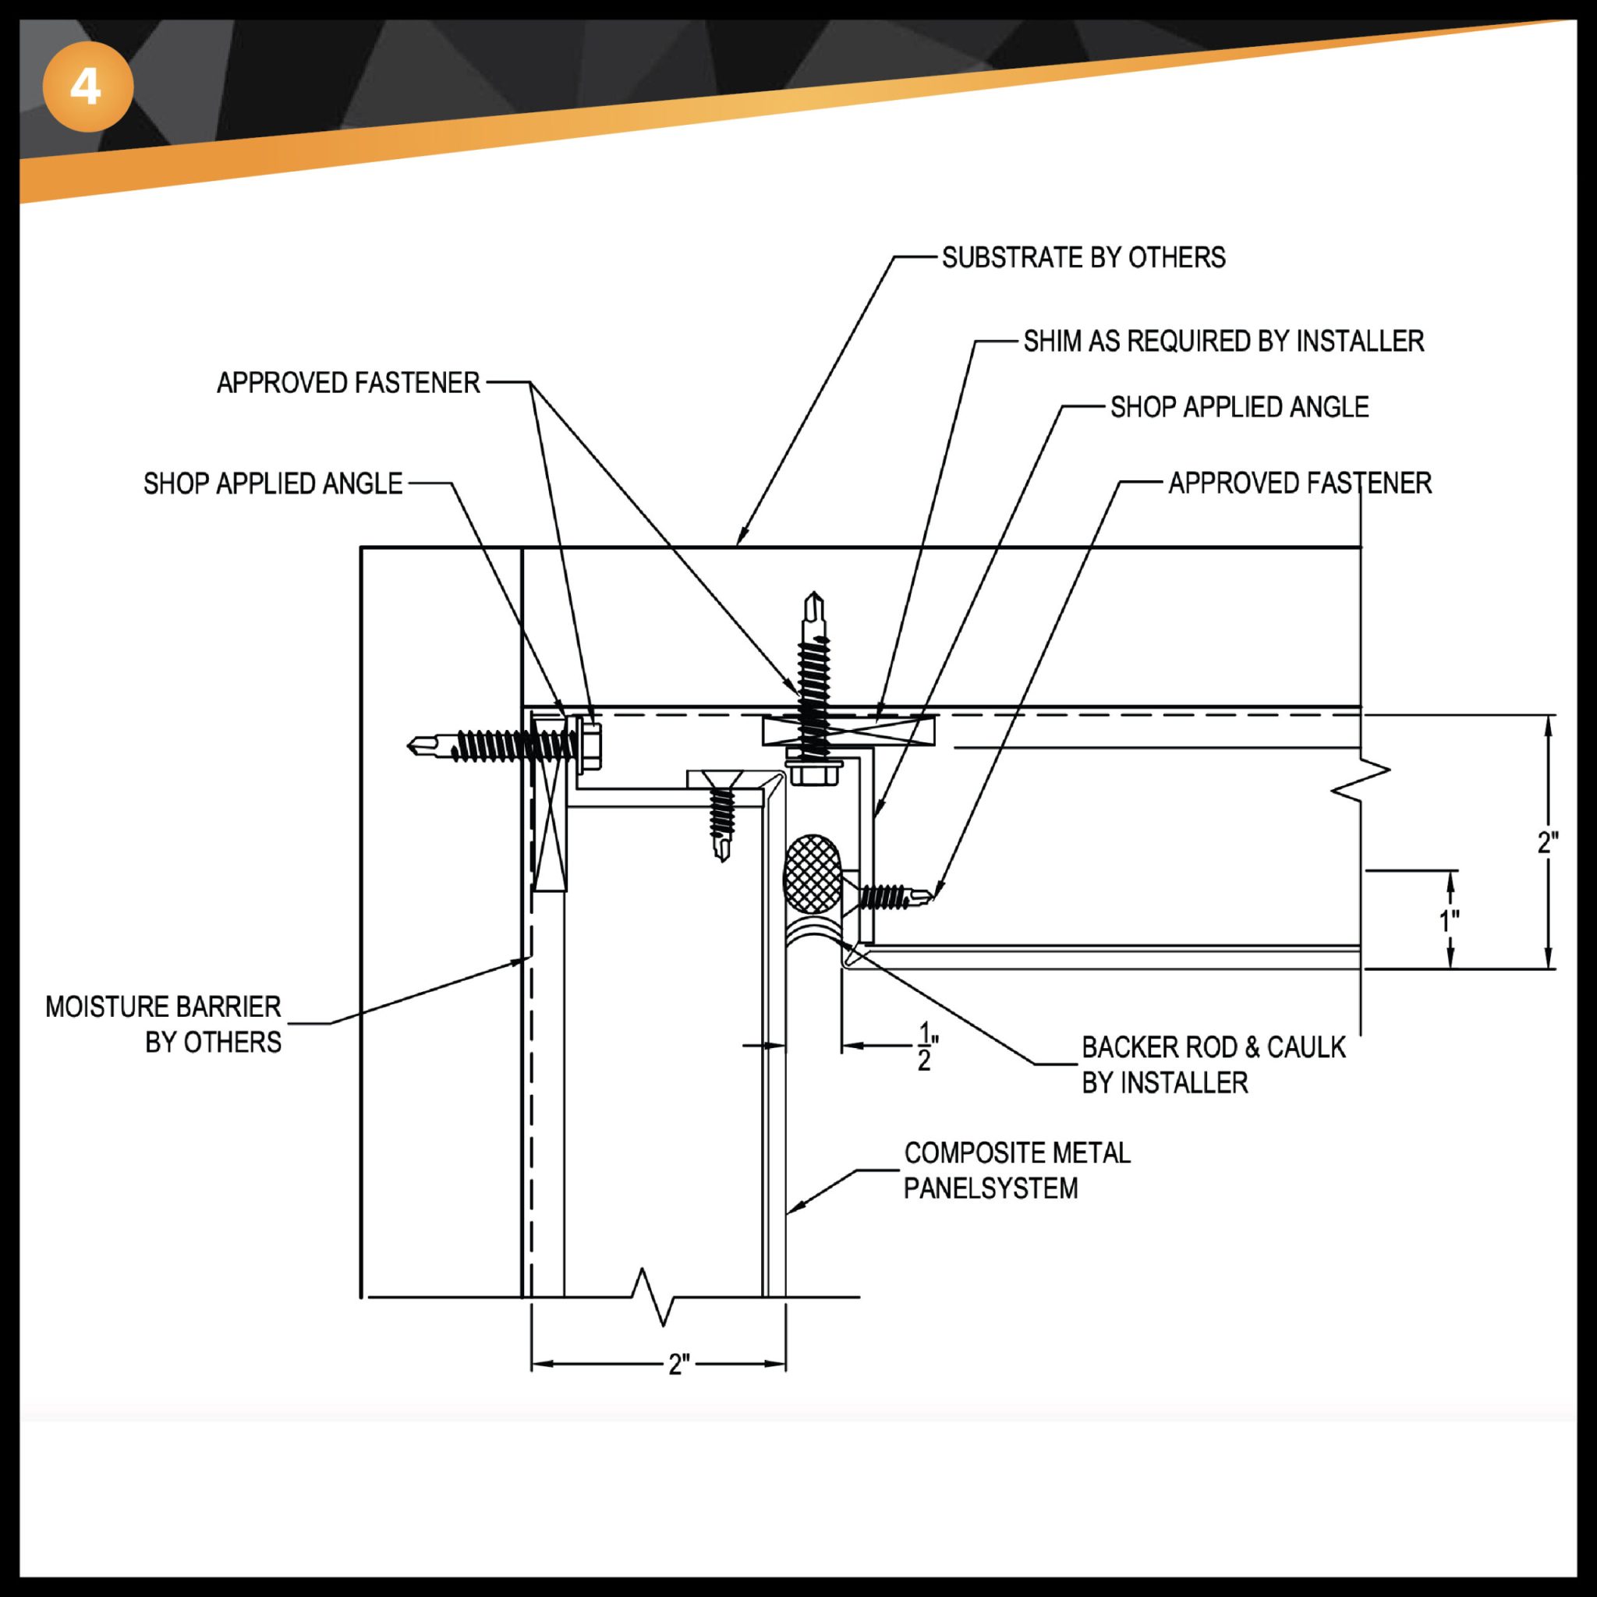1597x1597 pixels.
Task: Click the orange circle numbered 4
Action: [87, 87]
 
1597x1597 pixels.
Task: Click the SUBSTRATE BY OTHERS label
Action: [1083, 258]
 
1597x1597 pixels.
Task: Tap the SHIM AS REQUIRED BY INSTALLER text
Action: [1223, 342]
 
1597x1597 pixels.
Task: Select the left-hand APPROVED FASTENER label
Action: [348, 383]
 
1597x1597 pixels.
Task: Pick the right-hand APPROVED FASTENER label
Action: [1299, 483]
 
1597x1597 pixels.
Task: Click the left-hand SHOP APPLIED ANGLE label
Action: [273, 483]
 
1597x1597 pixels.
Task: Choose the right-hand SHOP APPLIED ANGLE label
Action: [1239, 407]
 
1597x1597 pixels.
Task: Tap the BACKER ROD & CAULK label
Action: [1212, 1064]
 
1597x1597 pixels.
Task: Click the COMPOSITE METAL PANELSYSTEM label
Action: [1016, 1170]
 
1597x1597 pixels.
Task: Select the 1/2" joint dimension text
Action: [926, 1047]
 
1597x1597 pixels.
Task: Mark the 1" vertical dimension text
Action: [1449, 920]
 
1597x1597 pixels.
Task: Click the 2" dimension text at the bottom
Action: [678, 1365]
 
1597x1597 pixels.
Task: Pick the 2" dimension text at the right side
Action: [1547, 843]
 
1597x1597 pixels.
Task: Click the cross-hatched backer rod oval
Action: [813, 873]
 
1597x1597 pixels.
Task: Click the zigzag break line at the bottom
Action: [653, 1297]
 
